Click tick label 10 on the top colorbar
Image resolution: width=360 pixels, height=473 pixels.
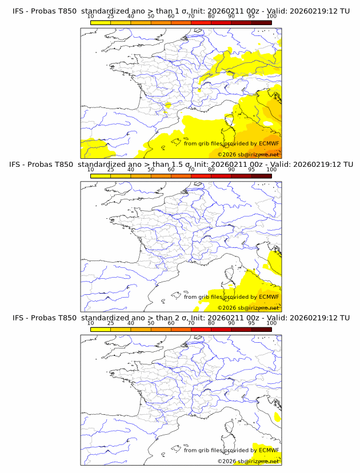tap(91, 17)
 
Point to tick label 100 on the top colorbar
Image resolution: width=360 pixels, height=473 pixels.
tap(271, 17)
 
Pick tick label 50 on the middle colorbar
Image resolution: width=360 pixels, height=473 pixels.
tap(151, 170)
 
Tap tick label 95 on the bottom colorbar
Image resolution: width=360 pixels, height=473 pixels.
tap(251, 323)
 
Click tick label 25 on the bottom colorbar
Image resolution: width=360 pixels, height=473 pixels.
tap(111, 323)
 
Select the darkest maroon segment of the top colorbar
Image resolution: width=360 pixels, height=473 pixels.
tap(261, 22)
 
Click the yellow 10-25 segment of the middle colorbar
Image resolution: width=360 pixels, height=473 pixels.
tap(101, 175)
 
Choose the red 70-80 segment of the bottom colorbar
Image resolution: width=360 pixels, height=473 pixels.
tap(201, 328)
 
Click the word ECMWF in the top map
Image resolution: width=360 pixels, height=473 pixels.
tap(269, 144)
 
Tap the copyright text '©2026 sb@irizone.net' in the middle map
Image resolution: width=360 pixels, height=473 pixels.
tap(248, 307)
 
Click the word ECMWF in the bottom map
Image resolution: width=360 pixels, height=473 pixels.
tap(269, 450)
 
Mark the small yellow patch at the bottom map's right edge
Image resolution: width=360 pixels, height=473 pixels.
tap(277, 418)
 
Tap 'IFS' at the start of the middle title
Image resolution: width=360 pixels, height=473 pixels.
tap(19, 165)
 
